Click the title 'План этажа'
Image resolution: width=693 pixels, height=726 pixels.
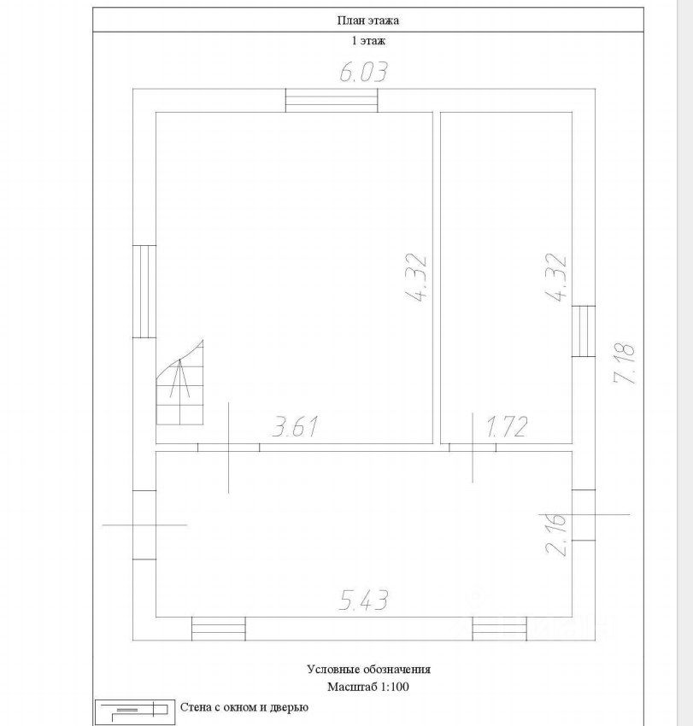pyautogui.click(x=367, y=20)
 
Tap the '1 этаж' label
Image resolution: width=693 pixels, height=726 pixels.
pyautogui.click(x=368, y=41)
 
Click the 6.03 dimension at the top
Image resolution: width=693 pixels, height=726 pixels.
pyautogui.click(x=363, y=73)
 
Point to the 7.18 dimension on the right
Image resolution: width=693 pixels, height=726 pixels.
pyautogui.click(x=624, y=364)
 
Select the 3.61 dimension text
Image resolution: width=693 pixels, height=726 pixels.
pyautogui.click(x=295, y=426)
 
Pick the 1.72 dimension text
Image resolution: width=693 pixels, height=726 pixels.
pyautogui.click(x=507, y=426)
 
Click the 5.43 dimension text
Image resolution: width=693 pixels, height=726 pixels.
pyautogui.click(x=363, y=600)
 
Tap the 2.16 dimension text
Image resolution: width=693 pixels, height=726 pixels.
pyautogui.click(x=556, y=534)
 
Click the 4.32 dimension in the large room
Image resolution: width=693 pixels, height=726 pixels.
pyautogui.click(x=415, y=278)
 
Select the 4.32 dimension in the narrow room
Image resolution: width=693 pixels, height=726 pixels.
pyautogui.click(x=556, y=278)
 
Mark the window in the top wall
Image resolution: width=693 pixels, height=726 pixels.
pyautogui.click(x=332, y=101)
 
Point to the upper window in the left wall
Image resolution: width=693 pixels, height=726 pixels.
pyautogui.click(x=144, y=291)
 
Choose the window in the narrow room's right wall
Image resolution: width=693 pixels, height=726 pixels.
pyautogui.click(x=584, y=331)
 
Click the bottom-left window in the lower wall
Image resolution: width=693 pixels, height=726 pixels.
pyautogui.click(x=219, y=629)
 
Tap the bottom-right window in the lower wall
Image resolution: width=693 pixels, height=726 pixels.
pyautogui.click(x=499, y=629)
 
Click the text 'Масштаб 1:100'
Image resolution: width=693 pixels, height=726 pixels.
pyautogui.click(x=368, y=686)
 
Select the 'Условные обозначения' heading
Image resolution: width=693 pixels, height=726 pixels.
pyautogui.click(x=368, y=669)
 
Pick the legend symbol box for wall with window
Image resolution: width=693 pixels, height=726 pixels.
pyautogui.click(x=135, y=712)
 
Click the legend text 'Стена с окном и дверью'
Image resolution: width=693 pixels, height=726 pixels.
pyautogui.click(x=244, y=707)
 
